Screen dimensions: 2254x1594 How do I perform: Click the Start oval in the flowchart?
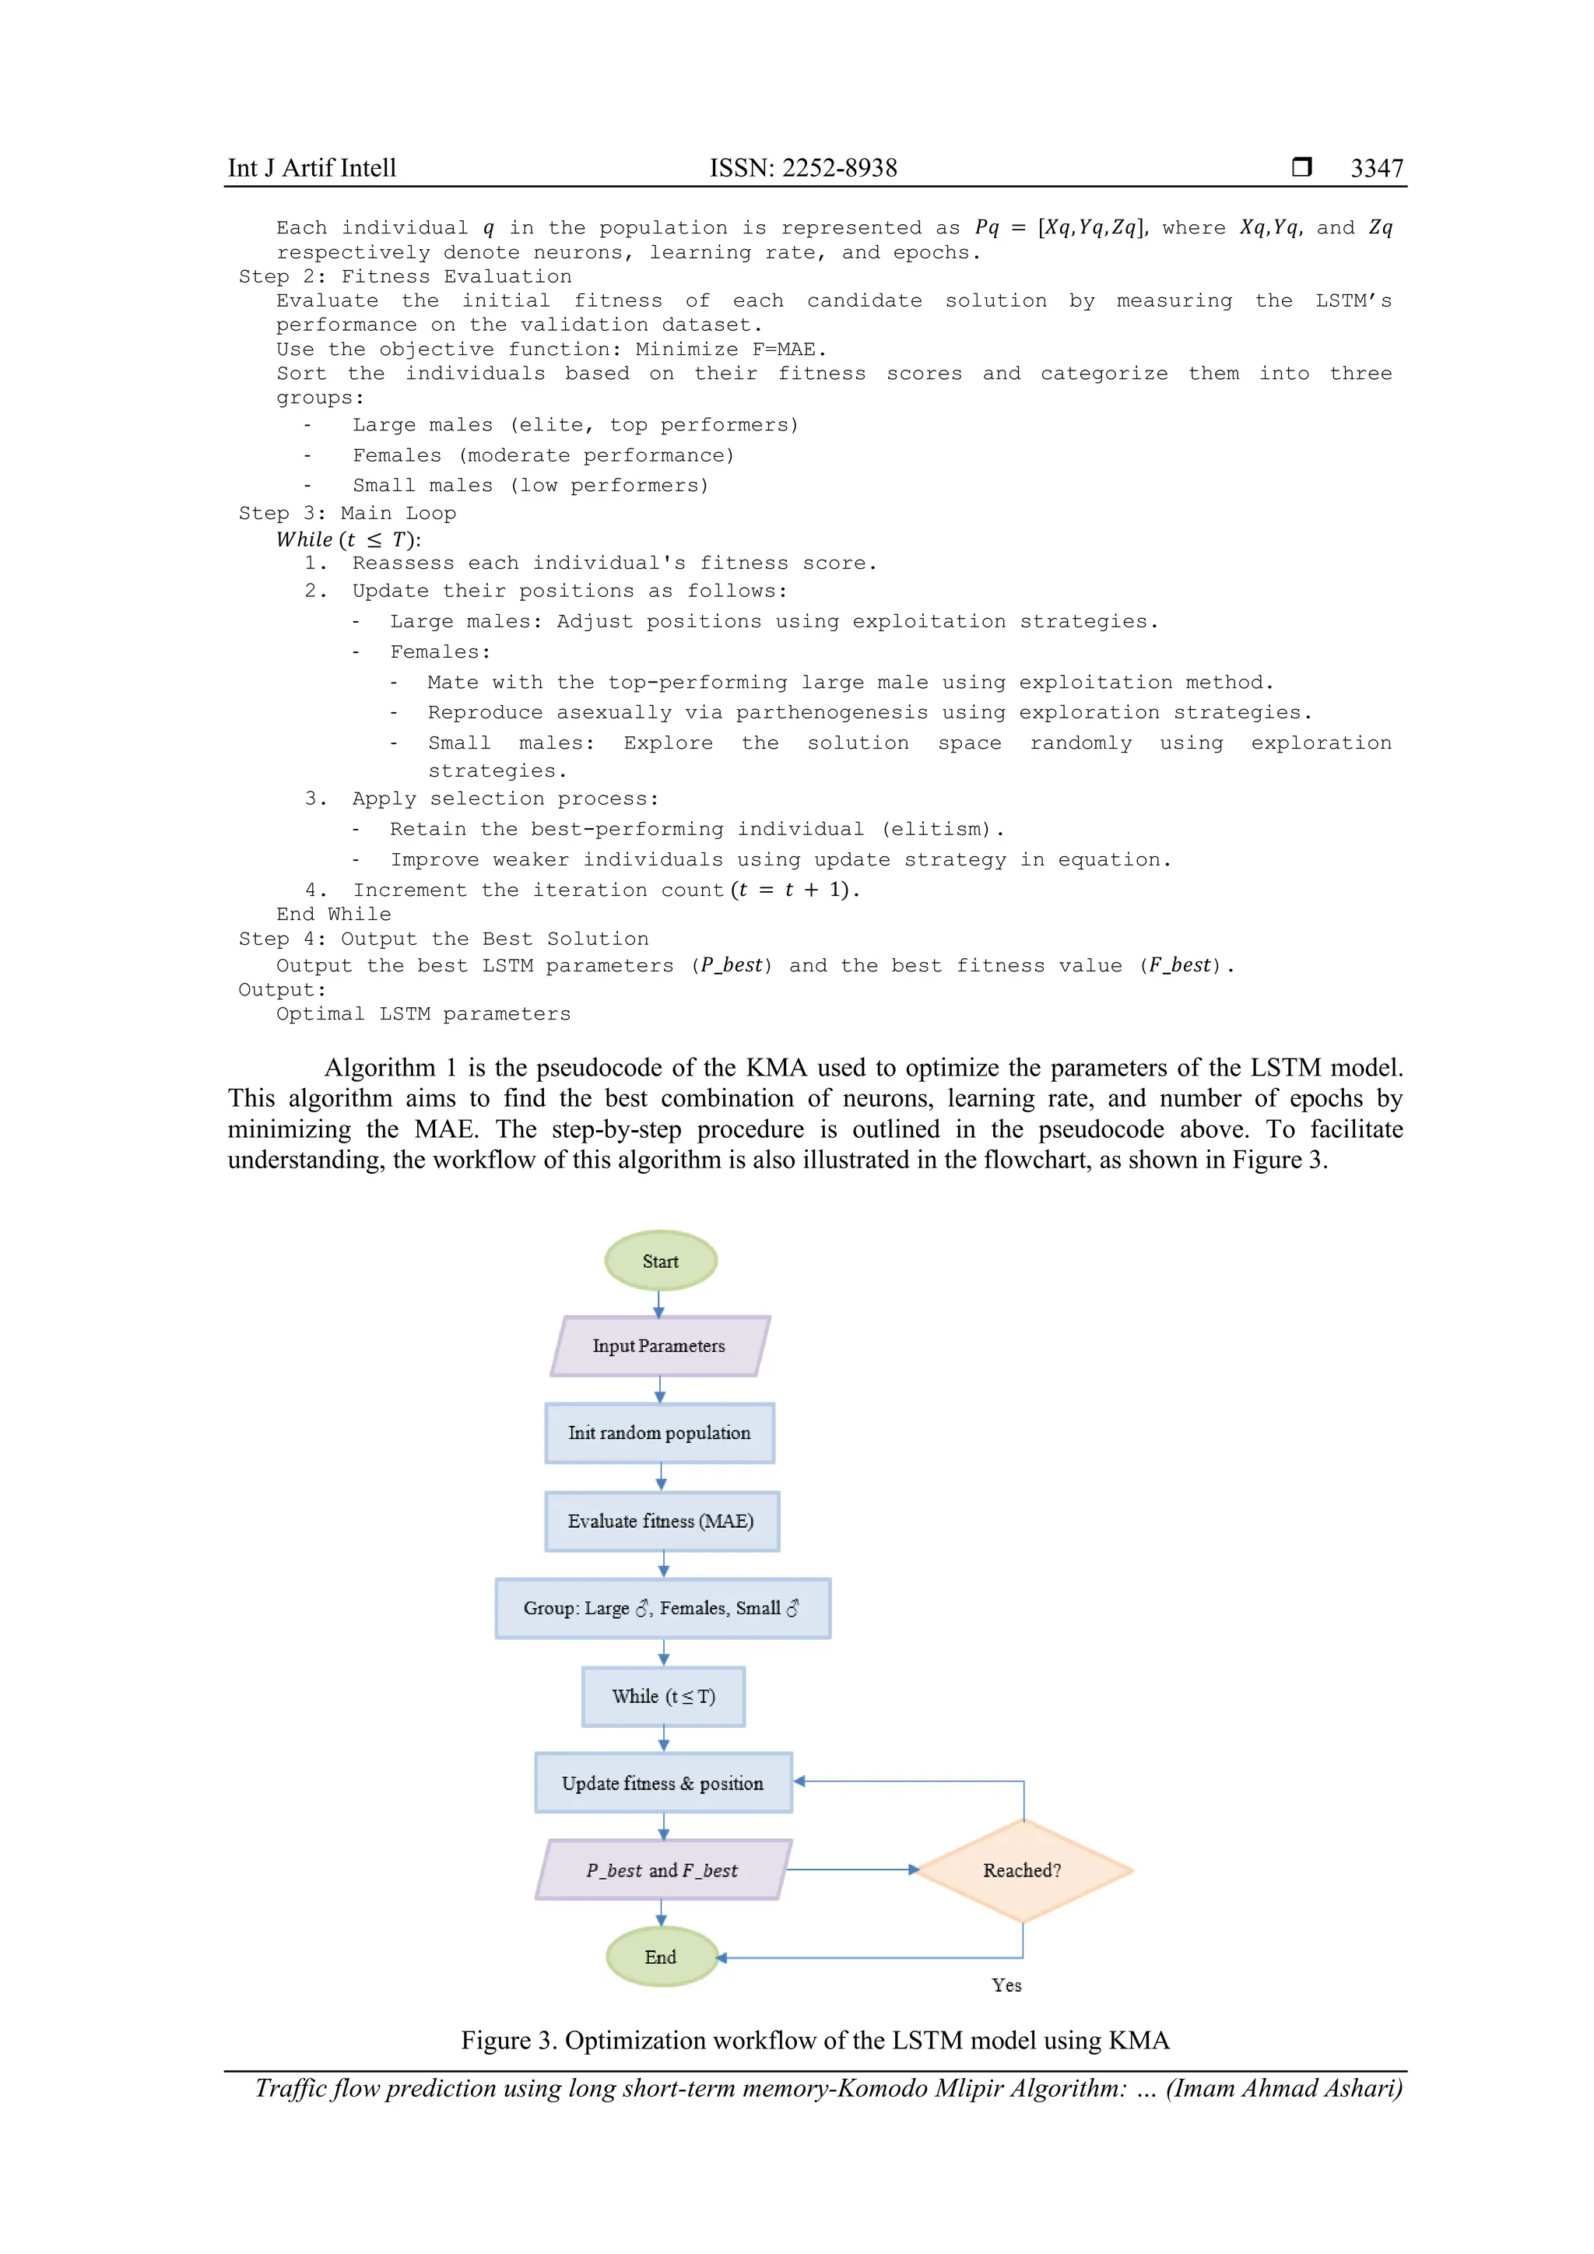click(661, 1261)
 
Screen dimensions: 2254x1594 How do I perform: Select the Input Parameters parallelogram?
click(659, 1346)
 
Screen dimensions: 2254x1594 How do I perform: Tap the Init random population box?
click(659, 1434)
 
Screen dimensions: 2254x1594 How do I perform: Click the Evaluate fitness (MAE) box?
click(662, 1522)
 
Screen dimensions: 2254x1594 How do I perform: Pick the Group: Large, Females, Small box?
click(662, 1608)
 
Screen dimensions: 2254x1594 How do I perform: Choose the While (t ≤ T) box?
click(663, 1697)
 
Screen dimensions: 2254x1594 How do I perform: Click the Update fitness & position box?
click(662, 1783)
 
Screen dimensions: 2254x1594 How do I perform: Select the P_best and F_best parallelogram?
click(662, 1870)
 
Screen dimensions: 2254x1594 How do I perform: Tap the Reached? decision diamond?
click(1023, 1870)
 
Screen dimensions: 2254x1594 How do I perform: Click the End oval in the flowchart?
click(661, 1957)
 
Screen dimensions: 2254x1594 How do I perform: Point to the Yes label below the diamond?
click(1006, 1985)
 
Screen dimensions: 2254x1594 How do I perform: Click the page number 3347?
click(1376, 168)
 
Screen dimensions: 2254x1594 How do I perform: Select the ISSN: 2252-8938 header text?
click(803, 168)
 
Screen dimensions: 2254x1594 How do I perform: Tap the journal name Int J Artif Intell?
click(312, 168)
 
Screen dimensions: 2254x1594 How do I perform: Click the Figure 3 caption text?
click(815, 2040)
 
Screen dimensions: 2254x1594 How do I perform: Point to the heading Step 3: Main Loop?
click(347, 514)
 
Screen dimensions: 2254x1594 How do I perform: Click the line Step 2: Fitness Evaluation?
click(405, 277)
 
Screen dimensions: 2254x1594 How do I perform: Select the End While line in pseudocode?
click(334, 914)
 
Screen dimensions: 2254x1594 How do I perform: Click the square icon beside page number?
click(1301, 167)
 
